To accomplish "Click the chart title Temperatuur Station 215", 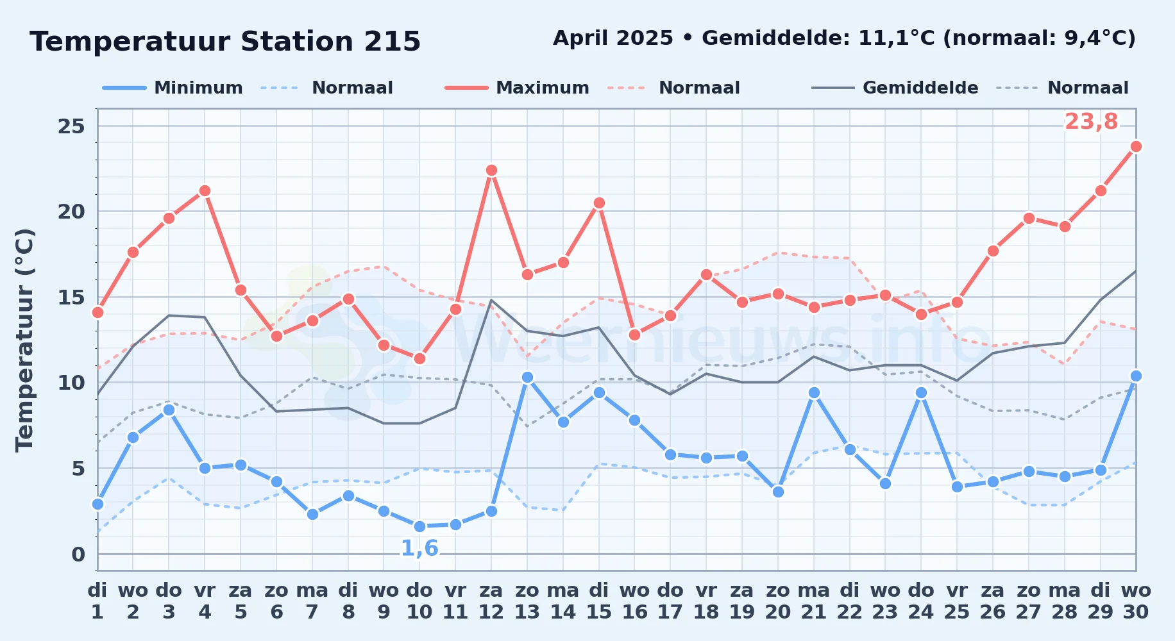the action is (x=225, y=42).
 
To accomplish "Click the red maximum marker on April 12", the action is (x=491, y=171).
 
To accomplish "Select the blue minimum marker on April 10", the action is (x=419, y=526).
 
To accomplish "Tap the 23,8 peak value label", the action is (x=1091, y=121).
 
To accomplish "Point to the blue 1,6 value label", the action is (x=419, y=548).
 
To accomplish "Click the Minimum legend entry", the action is (x=173, y=88).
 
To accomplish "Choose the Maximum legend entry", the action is (x=517, y=88).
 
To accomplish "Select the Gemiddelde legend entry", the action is (x=895, y=88).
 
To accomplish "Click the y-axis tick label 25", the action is (x=71, y=126).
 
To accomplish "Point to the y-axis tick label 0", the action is (x=78, y=554).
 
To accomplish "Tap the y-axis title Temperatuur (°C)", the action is (x=24, y=340).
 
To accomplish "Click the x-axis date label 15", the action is (x=599, y=612).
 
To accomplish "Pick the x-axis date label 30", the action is (x=1136, y=612).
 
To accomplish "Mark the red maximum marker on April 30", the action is (x=1136, y=147).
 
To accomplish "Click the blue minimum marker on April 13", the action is (x=527, y=378).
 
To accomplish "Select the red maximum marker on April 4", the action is (x=205, y=191).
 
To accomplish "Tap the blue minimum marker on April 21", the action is (x=814, y=393).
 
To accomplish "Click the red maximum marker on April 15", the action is (x=599, y=203).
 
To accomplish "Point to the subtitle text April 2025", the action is (x=613, y=38).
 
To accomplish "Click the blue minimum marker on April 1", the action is (x=97, y=504).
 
